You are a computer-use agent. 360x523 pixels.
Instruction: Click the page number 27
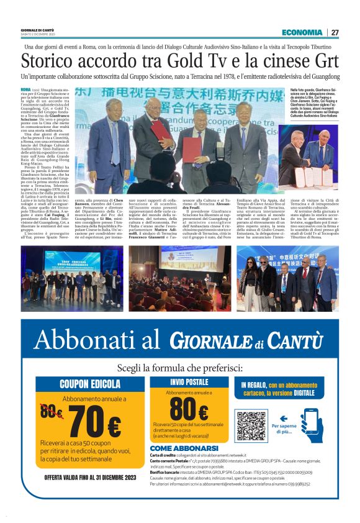(x=335, y=32)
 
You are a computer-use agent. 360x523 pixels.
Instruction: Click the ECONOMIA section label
(x=302, y=32)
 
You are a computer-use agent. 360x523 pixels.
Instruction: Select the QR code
(x=251, y=425)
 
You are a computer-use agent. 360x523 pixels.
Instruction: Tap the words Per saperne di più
(x=284, y=429)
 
